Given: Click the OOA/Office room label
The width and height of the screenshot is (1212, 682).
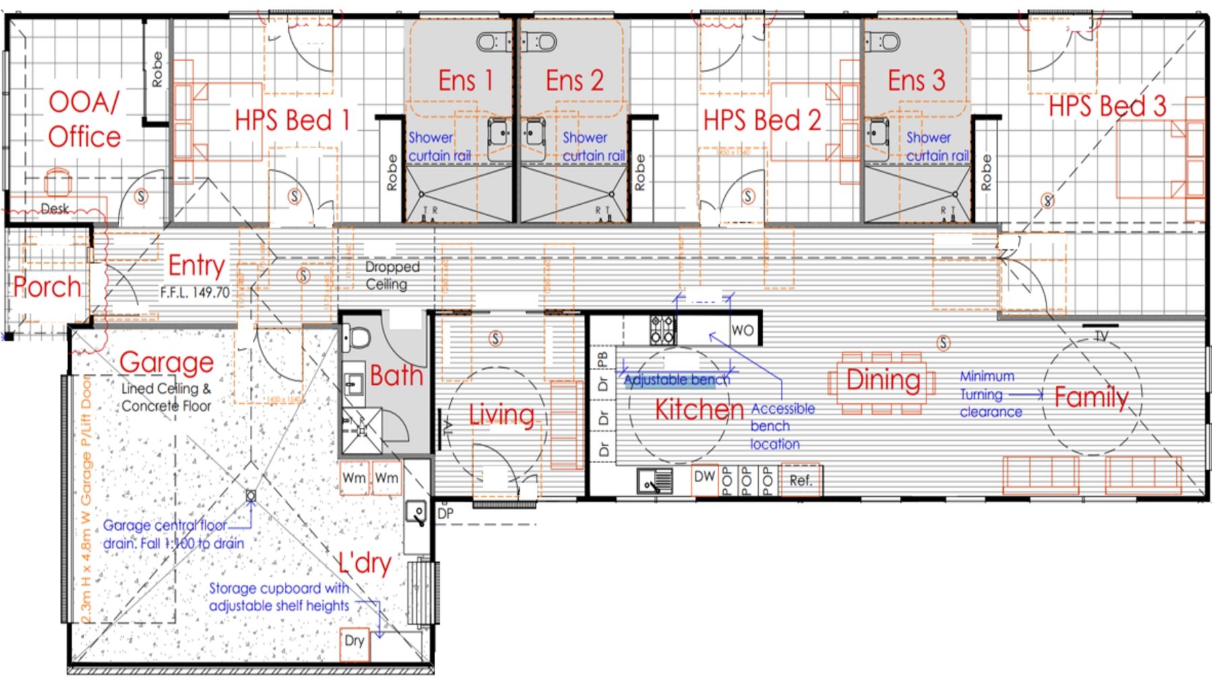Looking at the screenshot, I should [84, 119].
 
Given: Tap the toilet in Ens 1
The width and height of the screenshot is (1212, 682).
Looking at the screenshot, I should [495, 42].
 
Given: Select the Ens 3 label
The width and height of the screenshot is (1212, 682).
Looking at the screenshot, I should [916, 81].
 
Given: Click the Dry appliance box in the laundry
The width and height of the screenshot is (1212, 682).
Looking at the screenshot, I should [354, 641].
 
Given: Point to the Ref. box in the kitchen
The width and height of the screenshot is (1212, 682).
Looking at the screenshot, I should [801, 480].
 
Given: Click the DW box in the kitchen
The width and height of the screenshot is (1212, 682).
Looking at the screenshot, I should [704, 477].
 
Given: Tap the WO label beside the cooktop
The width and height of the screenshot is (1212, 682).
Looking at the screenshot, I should [743, 330].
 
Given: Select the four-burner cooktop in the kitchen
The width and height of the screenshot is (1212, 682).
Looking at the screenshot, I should [662, 330].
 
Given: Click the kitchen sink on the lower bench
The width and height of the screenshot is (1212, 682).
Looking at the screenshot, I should [654, 481].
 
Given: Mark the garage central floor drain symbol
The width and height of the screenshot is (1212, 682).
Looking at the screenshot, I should [250, 496].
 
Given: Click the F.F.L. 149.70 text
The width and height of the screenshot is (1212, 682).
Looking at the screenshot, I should [195, 292].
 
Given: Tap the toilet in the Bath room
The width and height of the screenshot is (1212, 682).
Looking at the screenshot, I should [358, 338].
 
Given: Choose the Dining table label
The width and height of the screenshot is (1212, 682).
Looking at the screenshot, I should [883, 381].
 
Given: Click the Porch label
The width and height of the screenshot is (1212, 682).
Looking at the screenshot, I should [47, 287].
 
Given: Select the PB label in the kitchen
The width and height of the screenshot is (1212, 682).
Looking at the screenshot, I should [603, 359].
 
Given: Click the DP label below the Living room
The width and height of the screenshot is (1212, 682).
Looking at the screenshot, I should [445, 514].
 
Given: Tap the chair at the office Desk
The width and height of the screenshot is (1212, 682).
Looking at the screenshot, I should [58, 182].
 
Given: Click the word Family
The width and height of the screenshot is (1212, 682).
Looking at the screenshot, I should [1091, 397].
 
